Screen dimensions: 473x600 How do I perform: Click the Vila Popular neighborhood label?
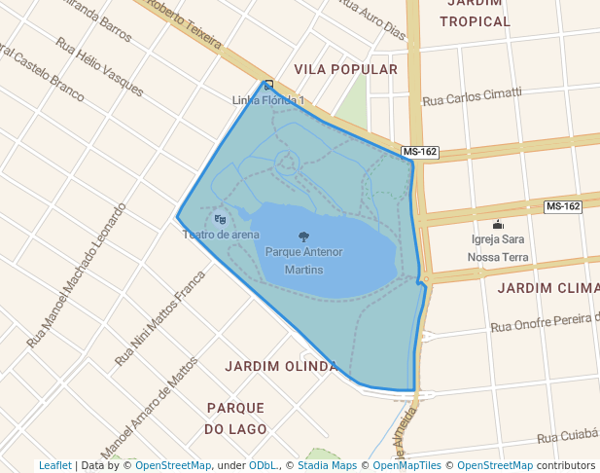(345, 70)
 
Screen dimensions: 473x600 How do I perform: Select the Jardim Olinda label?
(280, 366)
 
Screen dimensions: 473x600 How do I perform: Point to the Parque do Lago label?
(235, 417)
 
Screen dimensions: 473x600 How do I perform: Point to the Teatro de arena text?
(221, 234)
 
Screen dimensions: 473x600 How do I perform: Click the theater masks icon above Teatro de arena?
(220, 219)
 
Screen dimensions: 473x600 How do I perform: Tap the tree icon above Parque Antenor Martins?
(303, 236)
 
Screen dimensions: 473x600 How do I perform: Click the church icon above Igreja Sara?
(499, 225)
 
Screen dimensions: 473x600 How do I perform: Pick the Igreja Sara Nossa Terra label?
(499, 248)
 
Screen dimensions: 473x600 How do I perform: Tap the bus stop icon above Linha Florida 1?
(268, 85)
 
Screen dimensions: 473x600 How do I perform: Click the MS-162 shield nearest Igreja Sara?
(562, 206)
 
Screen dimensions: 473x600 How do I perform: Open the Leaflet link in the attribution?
(54, 465)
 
